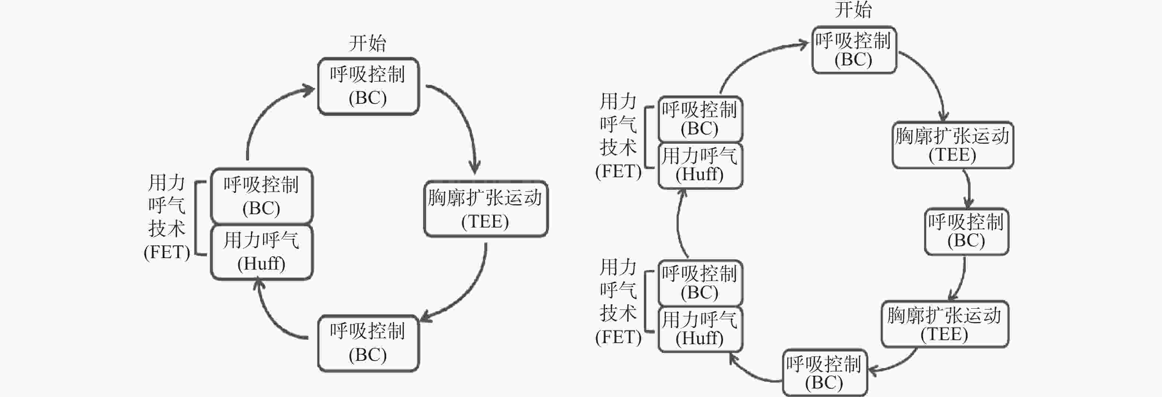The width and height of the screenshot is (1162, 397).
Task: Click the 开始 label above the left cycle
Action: tap(367, 43)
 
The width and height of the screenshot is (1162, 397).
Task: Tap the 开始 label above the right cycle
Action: tap(853, 10)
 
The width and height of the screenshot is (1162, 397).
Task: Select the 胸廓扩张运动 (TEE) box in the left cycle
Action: tap(486, 209)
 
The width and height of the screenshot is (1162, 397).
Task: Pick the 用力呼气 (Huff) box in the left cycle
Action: tap(262, 252)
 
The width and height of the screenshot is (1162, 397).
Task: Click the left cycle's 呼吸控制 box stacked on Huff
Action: tap(262, 196)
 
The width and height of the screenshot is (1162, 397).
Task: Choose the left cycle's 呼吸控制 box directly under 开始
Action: tap(368, 86)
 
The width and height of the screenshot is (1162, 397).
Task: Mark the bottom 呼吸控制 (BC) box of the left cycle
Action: tap(368, 343)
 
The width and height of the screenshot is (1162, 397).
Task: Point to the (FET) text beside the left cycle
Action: tap(166, 252)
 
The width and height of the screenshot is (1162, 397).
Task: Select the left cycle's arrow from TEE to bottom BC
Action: tap(469, 294)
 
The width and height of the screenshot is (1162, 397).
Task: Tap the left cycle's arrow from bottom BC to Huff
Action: tap(271, 316)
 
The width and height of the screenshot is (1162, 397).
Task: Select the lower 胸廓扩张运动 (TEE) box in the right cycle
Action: tap(945, 324)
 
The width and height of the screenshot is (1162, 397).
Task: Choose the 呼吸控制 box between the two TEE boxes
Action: tap(966, 231)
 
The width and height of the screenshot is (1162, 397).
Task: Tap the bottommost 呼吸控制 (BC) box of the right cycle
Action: tap(824, 373)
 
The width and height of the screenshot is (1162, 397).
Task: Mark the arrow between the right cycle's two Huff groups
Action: tap(679, 223)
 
